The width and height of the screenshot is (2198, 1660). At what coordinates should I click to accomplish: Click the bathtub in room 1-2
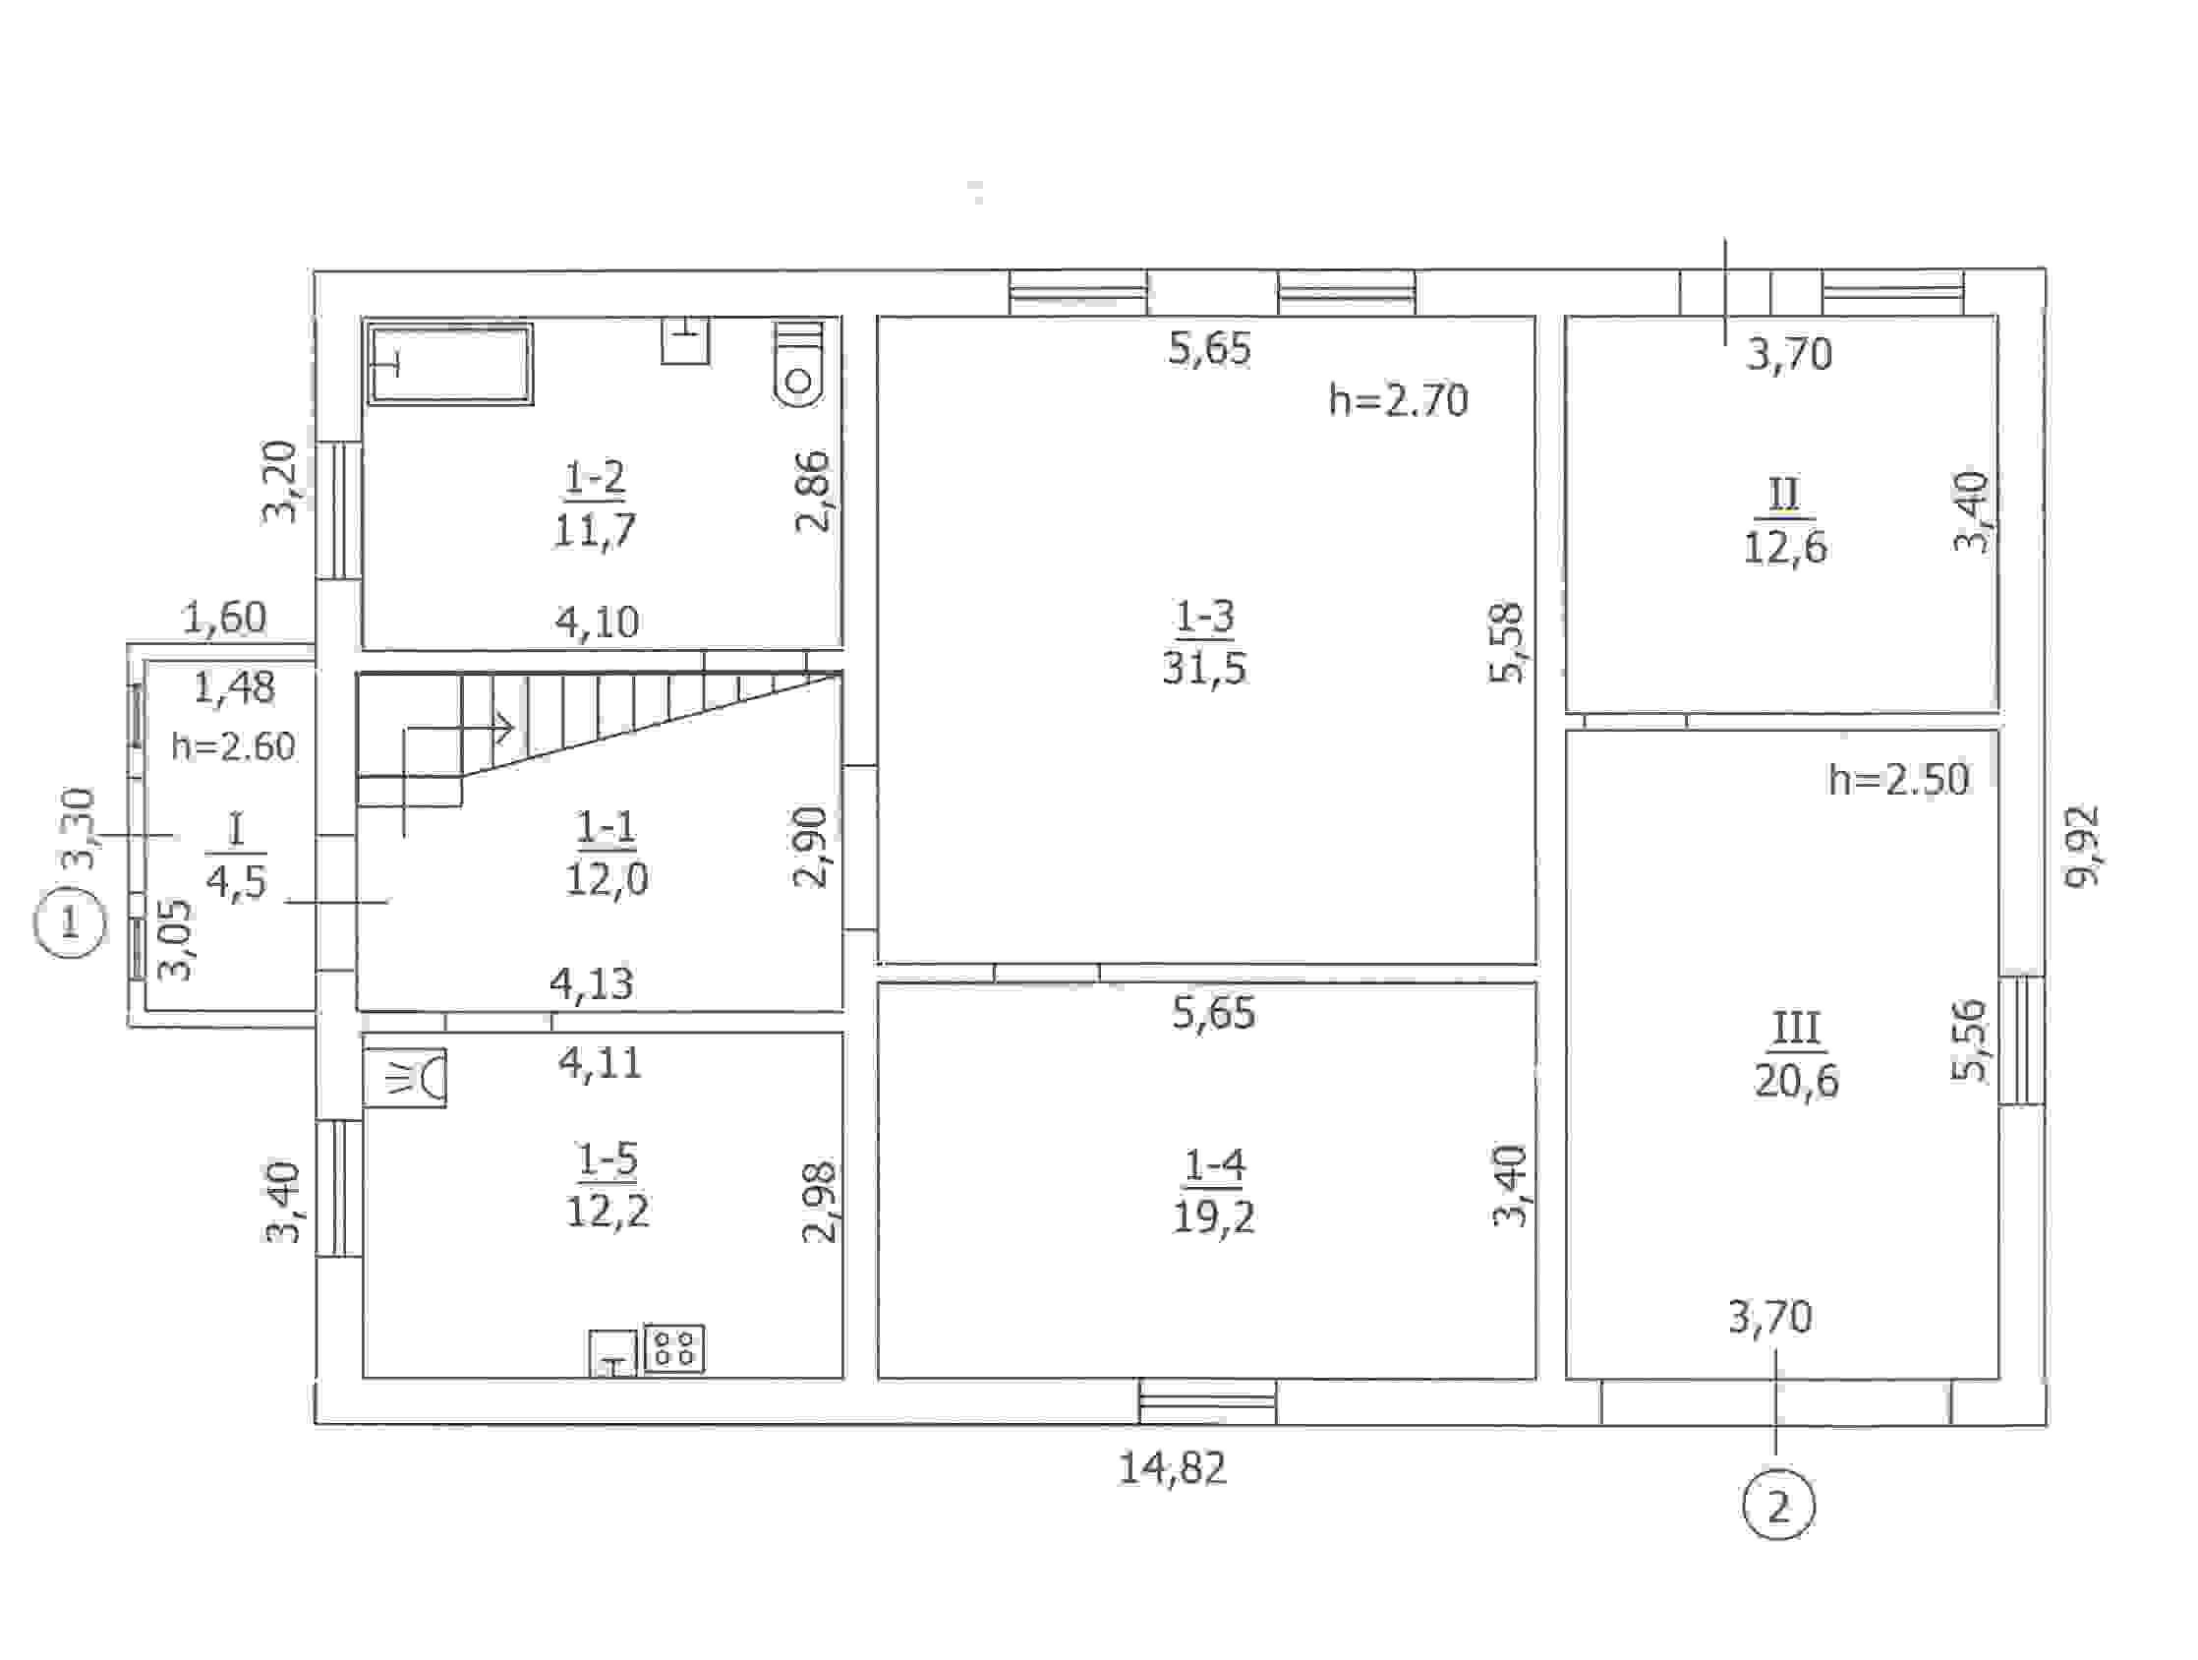[x=451, y=363]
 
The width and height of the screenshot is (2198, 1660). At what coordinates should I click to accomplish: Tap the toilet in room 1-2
[x=799, y=364]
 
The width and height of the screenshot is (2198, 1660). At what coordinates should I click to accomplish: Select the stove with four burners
[x=674, y=1349]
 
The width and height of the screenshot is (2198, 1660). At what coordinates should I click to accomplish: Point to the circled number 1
[x=69, y=922]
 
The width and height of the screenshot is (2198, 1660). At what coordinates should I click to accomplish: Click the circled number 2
[x=1777, y=1507]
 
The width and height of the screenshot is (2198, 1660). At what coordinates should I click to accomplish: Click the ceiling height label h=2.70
[x=1398, y=400]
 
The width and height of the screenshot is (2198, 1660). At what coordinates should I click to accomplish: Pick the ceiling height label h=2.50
[x=1899, y=779]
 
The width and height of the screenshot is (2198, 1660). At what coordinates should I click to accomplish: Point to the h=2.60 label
[x=234, y=745]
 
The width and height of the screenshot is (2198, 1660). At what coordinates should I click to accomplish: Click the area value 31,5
[x=1204, y=668]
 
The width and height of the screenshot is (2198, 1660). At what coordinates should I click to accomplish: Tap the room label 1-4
[x=1214, y=1164]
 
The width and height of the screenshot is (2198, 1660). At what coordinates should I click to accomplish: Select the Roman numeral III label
[x=1797, y=1028]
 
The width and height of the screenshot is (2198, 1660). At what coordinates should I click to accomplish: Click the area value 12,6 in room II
[x=1785, y=547]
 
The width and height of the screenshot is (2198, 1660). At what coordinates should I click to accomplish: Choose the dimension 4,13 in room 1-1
[x=592, y=983]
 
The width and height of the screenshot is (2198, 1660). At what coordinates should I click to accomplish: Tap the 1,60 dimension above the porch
[x=224, y=619]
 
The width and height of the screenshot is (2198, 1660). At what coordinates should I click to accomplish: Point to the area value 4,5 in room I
[x=237, y=881]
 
